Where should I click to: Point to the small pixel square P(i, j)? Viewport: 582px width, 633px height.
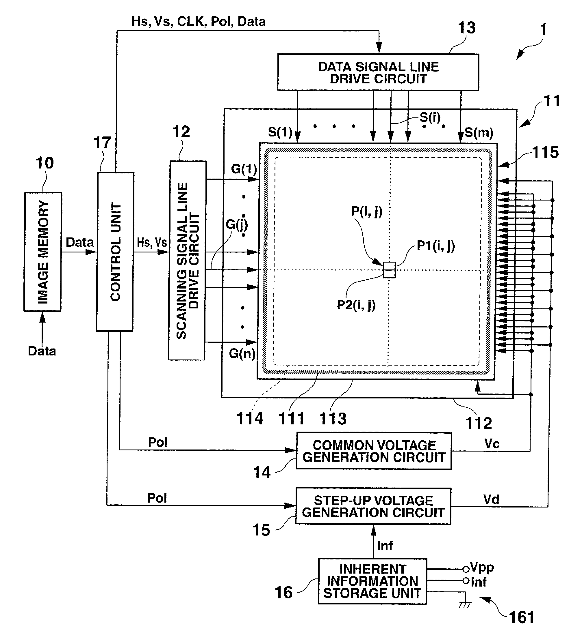pyautogui.click(x=389, y=270)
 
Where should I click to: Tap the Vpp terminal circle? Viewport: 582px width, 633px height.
pyautogui.click(x=466, y=569)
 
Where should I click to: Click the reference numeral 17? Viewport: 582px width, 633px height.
pyautogui.click(x=102, y=143)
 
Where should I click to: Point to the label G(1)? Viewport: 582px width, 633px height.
pyautogui.click(x=244, y=169)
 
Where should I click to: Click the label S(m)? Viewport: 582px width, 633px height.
pyautogui.click(x=479, y=133)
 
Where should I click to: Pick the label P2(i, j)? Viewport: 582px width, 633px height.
pyautogui.click(x=356, y=305)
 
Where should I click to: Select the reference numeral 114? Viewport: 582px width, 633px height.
pyautogui.click(x=250, y=419)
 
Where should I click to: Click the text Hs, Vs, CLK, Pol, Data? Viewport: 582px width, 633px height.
pyautogui.click(x=199, y=21)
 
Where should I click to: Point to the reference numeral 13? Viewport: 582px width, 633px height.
pyautogui.click(x=467, y=28)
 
